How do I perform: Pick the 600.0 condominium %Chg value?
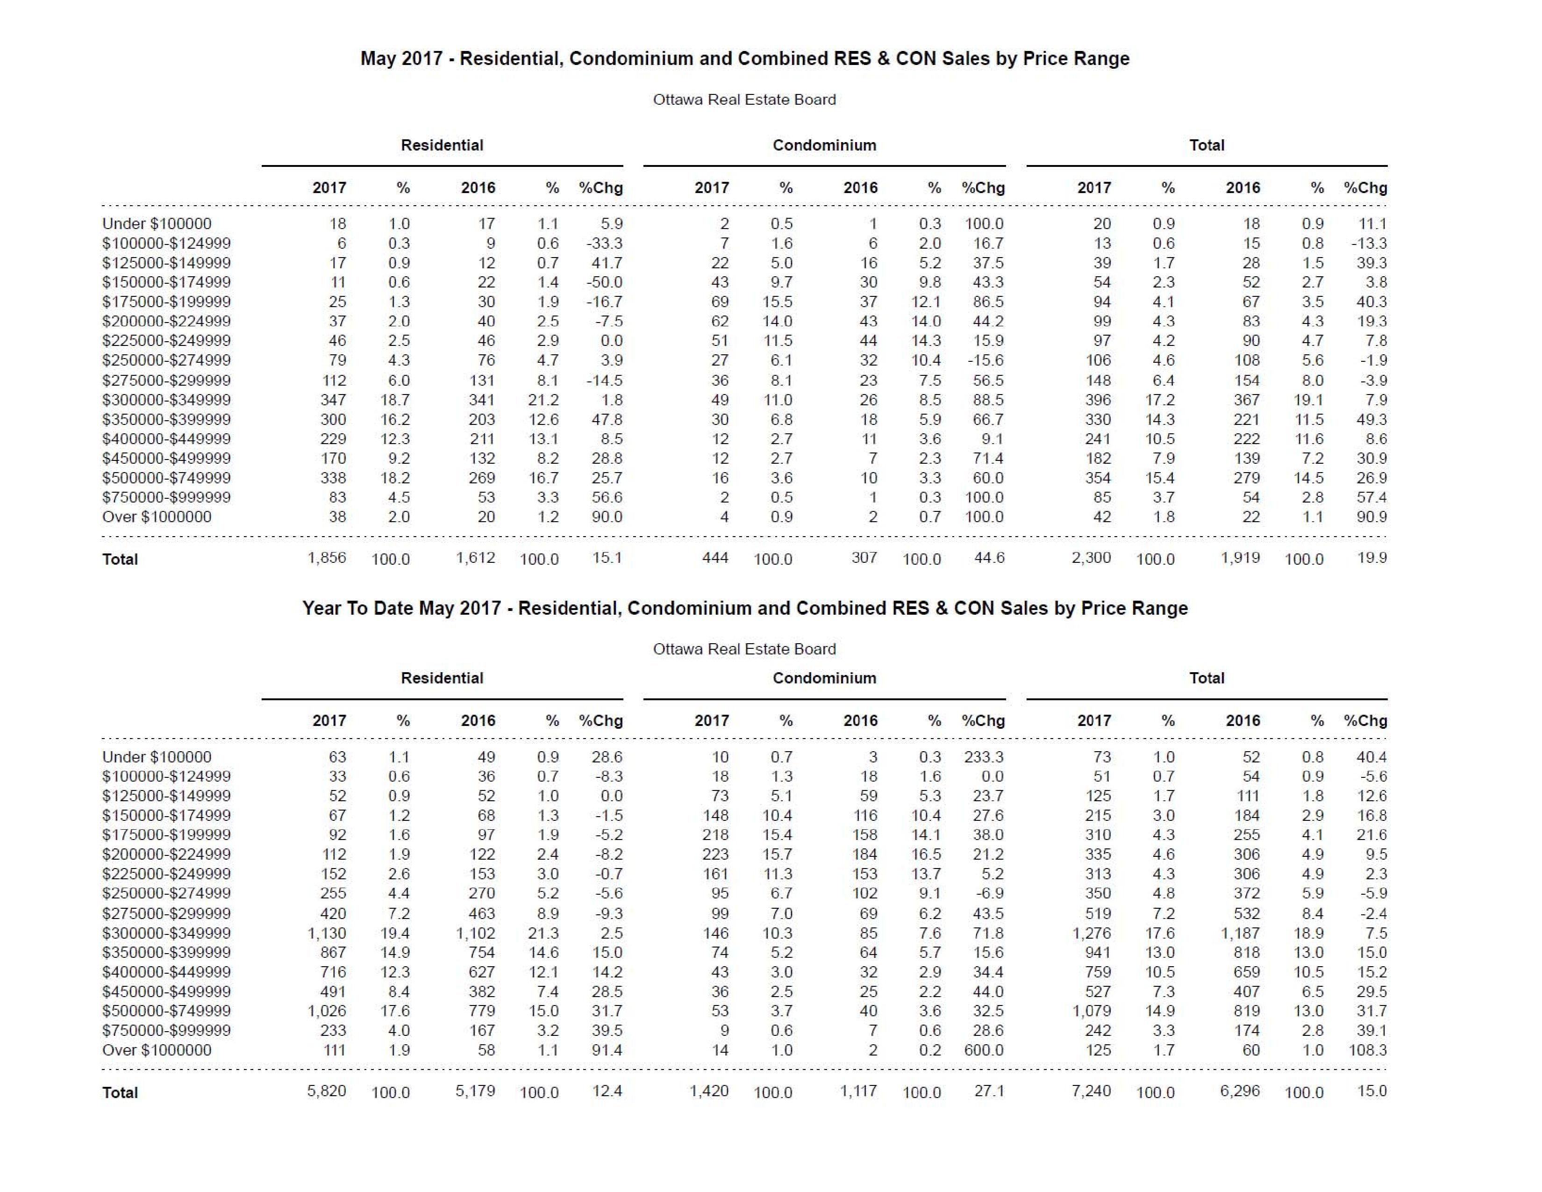click(x=984, y=1050)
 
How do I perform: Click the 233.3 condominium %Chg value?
click(x=984, y=757)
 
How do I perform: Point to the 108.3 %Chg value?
click(x=1368, y=1050)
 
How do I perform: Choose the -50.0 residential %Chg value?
click(x=604, y=282)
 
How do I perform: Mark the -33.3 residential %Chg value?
click(x=604, y=244)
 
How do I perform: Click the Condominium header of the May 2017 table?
click(x=824, y=145)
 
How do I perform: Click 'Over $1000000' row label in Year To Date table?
click(x=157, y=1050)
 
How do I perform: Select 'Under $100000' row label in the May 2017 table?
click(x=157, y=224)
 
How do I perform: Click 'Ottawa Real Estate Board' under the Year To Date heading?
click(x=744, y=649)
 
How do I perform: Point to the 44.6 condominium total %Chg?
click(x=989, y=558)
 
